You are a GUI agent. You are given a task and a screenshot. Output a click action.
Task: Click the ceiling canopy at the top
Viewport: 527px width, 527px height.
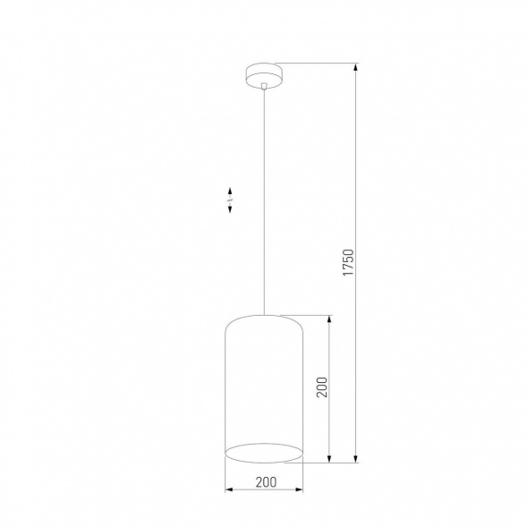tap(263, 73)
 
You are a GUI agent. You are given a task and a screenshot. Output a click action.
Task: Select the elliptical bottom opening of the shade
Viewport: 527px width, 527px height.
tap(263, 453)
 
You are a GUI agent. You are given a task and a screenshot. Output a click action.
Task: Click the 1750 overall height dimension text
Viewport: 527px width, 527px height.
tap(348, 262)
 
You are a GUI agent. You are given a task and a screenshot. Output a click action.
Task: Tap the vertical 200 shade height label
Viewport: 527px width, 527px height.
tap(322, 386)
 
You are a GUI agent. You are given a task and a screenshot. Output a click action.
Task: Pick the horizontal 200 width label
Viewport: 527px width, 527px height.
tap(265, 481)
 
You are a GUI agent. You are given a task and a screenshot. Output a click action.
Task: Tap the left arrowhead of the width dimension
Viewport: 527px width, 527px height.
tap(227, 489)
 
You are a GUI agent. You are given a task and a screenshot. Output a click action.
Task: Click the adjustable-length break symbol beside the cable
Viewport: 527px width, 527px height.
tap(231, 200)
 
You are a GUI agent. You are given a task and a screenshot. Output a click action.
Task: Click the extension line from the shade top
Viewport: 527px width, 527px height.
tap(309, 314)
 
